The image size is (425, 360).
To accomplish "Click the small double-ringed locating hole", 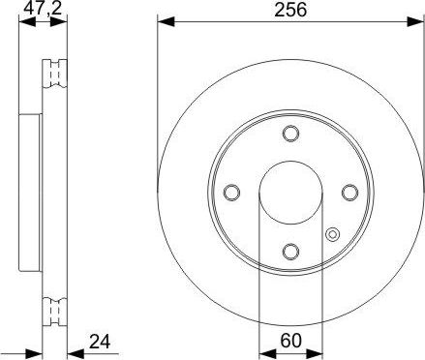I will click(333, 233).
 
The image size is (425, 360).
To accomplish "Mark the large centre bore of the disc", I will click(291, 193).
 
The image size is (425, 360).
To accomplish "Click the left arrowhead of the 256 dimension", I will click(163, 20).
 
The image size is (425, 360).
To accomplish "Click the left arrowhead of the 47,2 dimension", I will click(24, 20).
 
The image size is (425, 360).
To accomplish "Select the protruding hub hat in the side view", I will click(29, 193).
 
